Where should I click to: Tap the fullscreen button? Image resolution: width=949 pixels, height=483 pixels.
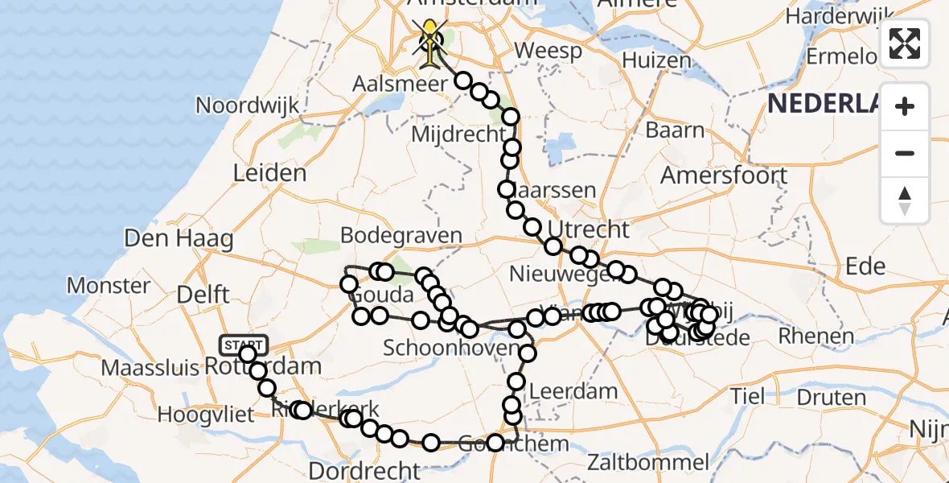pyautogui.click(x=905, y=43)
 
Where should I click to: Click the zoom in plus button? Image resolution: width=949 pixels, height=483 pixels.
pyautogui.click(x=905, y=106)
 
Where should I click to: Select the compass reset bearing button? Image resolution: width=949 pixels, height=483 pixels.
pyautogui.click(x=905, y=200)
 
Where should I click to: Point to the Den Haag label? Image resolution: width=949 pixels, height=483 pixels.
pyautogui.click(x=179, y=238)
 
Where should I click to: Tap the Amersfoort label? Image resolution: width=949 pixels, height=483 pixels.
pyautogui.click(x=724, y=175)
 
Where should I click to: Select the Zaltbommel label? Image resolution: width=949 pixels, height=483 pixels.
pyautogui.click(x=647, y=463)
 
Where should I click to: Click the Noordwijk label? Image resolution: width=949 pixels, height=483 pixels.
pyautogui.click(x=247, y=105)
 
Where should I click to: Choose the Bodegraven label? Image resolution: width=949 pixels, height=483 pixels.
pyautogui.click(x=401, y=236)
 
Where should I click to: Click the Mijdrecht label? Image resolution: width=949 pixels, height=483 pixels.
pyautogui.click(x=458, y=134)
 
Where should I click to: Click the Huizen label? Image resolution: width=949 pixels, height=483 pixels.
pyautogui.click(x=656, y=60)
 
